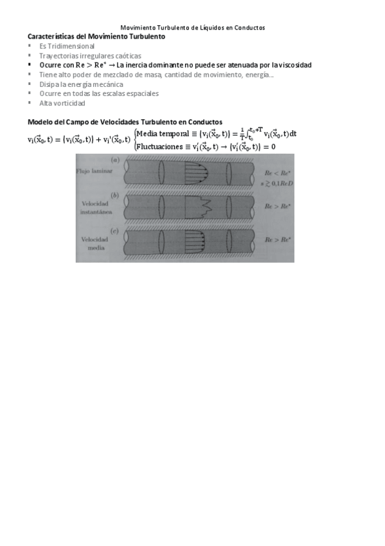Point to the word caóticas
[x=126, y=56]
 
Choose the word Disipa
[x=49, y=84]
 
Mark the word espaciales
[x=141, y=93]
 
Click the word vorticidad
[x=70, y=103]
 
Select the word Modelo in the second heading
[x=40, y=122]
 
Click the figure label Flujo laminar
[x=93, y=172]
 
